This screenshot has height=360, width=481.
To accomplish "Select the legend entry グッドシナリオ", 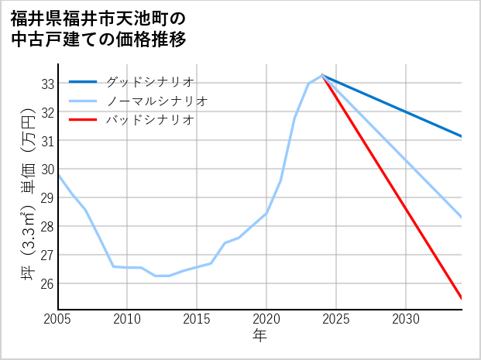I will [x=150, y=81].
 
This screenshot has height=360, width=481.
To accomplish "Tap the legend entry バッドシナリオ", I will [x=150, y=120].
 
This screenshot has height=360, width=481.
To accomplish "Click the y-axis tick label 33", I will [x=47, y=84].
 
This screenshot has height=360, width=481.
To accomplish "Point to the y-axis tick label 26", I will [x=47, y=284].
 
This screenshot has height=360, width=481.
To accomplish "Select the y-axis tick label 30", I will [x=47, y=170].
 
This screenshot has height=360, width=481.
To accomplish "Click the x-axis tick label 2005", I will [x=58, y=318].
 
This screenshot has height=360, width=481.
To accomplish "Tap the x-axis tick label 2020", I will [x=266, y=318].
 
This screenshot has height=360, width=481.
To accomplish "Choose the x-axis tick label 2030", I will [x=406, y=318].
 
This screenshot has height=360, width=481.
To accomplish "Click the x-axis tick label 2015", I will [x=197, y=318].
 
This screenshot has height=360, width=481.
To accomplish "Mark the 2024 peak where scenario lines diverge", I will [x=322, y=75].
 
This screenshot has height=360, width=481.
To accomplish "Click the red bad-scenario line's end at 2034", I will [x=462, y=298].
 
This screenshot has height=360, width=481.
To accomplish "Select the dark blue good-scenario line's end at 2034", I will [x=462, y=136].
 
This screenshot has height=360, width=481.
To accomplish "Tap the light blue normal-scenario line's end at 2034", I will [x=462, y=218].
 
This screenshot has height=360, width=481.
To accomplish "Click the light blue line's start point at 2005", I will [x=59, y=175].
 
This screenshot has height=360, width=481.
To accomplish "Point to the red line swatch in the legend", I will [x=83, y=120].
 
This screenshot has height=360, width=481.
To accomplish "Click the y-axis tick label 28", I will [x=47, y=227].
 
